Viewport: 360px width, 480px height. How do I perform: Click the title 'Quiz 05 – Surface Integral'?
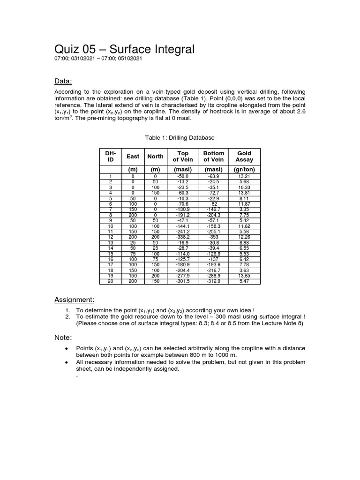coord(124,49)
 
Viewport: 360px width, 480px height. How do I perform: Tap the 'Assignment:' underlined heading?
coord(75,300)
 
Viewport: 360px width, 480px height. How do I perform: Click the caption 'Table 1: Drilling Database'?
coord(180,137)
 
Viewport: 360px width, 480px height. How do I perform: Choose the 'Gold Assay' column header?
coord(244,156)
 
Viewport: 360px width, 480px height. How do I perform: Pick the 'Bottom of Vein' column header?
coord(214,156)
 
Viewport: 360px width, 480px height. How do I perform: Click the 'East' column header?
coord(133,156)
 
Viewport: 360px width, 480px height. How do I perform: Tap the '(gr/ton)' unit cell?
coord(244,169)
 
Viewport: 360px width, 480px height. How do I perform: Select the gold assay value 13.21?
coord(244,176)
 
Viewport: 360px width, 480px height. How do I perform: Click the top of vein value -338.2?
coord(183,237)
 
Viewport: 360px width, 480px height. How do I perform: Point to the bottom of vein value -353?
coord(214,237)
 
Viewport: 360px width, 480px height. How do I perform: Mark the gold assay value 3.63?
coord(244,270)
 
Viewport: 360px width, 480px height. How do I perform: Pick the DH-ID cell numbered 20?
coord(110,282)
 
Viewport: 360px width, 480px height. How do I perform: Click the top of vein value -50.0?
coord(183,176)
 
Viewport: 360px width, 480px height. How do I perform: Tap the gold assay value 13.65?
coord(244,276)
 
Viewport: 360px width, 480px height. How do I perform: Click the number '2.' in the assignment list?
coord(68,317)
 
